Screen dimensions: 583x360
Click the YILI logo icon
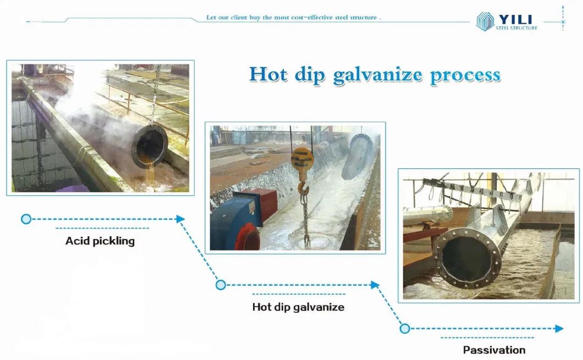(x=485, y=21)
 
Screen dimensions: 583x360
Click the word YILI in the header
(x=516, y=19)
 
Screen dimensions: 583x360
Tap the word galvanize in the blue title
(x=377, y=76)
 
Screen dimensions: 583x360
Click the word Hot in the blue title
(x=268, y=74)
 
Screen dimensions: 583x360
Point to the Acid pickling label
(x=100, y=241)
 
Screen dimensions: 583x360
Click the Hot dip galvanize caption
(x=298, y=307)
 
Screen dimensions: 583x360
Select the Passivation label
(x=494, y=350)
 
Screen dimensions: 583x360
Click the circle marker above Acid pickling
(x=26, y=219)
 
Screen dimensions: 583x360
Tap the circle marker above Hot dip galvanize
(x=221, y=285)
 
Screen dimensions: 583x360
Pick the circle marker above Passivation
(x=405, y=329)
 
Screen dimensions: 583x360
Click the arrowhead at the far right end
(x=559, y=329)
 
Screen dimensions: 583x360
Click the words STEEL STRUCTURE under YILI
(x=516, y=28)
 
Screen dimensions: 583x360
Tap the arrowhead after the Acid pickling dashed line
(x=180, y=219)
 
